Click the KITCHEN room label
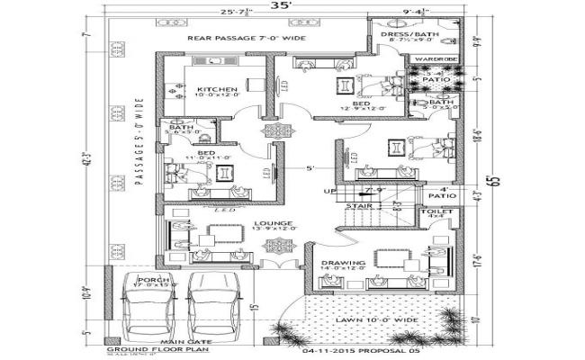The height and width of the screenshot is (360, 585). [217, 89]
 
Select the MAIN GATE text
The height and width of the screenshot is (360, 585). [179, 342]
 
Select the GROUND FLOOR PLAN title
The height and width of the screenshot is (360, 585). [141, 349]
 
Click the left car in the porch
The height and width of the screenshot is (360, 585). [150, 306]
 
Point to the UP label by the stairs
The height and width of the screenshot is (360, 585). [329, 191]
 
